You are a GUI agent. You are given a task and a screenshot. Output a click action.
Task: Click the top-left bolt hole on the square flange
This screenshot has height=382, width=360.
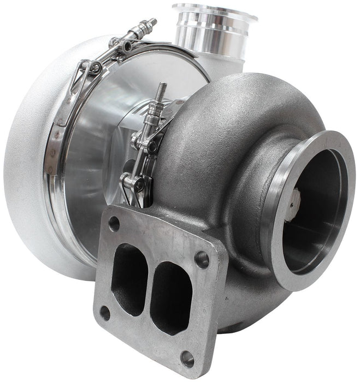pyautogui.click(x=114, y=223)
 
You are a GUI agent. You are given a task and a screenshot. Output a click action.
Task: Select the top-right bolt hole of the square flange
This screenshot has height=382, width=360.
pyautogui.click(x=202, y=259)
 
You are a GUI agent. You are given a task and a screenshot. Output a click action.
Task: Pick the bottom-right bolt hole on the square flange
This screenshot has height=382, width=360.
pyautogui.click(x=187, y=359)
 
